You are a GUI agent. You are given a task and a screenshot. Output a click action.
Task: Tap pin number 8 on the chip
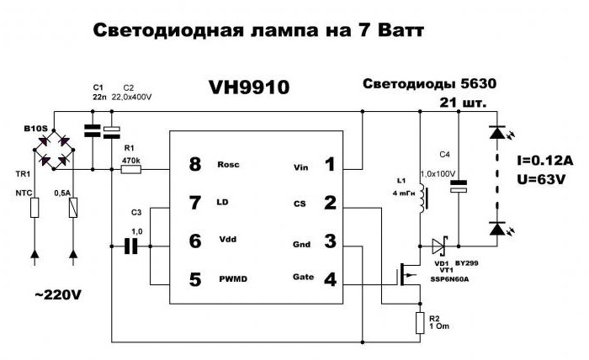[x=195, y=164]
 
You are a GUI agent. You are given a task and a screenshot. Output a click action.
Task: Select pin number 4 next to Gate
[x=330, y=278]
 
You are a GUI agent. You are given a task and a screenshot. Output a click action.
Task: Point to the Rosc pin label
[x=228, y=164]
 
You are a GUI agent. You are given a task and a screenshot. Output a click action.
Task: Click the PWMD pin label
[x=232, y=278]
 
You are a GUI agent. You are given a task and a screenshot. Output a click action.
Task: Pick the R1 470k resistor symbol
[x=131, y=169]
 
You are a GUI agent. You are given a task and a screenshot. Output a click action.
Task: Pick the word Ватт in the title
[x=390, y=31]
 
